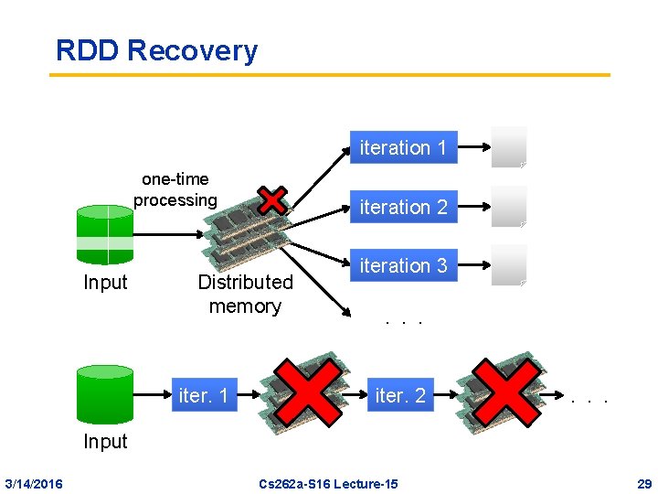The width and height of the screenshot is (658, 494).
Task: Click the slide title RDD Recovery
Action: [156, 50]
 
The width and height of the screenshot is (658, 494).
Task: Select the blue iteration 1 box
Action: [403, 147]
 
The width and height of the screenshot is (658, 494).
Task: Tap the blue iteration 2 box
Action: [403, 207]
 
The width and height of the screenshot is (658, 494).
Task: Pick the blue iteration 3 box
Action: [403, 265]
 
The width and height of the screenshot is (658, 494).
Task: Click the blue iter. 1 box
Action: [203, 395]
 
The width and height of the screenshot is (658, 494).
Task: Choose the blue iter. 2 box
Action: [400, 395]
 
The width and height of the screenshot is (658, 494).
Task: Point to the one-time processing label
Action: [175, 189]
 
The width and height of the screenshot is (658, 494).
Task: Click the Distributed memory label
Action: [245, 294]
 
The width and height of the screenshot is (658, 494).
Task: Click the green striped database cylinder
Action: [105, 236]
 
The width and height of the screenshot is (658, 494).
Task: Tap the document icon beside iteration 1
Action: [509, 147]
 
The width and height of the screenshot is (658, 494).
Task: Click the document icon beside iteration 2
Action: [509, 207]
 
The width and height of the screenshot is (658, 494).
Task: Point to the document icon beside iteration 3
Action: [509, 265]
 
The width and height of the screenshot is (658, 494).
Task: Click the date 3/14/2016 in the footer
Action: [34, 483]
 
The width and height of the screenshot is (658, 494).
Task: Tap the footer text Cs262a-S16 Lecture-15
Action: [328, 483]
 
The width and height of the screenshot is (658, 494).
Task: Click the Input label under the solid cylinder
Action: [105, 441]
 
